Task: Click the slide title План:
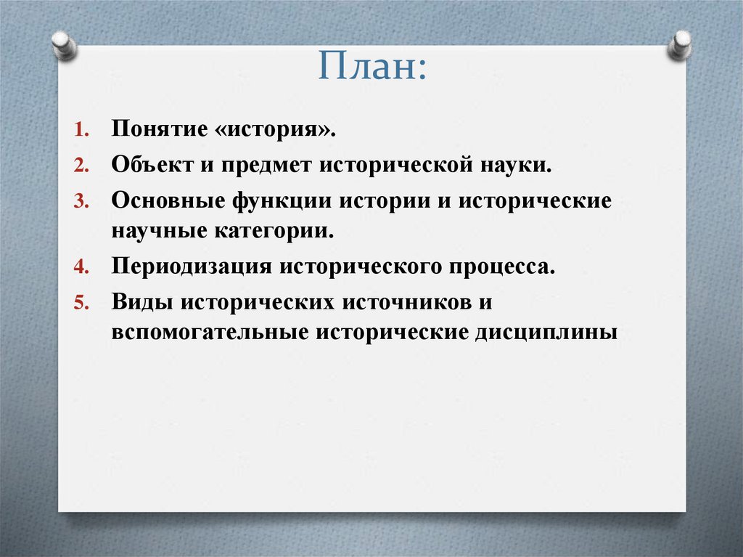click(x=371, y=66)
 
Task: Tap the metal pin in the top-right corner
click(x=680, y=45)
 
